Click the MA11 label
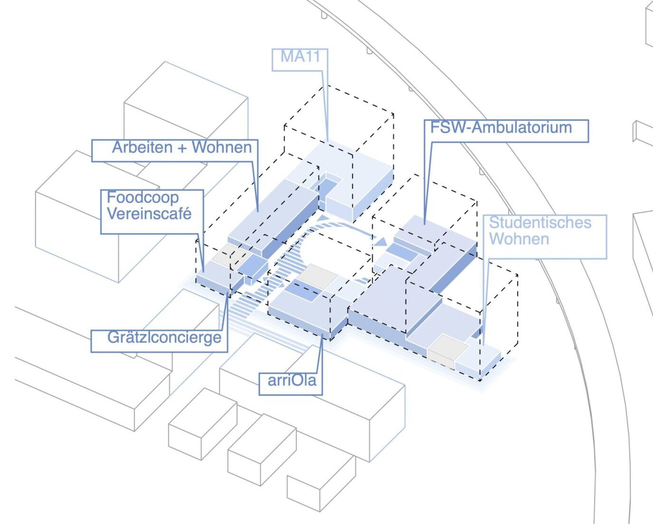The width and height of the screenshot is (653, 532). click(x=300, y=57)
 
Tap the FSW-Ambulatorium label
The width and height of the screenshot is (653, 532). click(x=501, y=127)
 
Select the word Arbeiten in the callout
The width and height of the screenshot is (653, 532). click(x=143, y=147)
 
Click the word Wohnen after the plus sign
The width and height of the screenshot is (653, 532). click(x=221, y=147)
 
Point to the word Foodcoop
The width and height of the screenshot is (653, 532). click(x=143, y=198)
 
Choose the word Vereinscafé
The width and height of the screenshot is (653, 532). click(x=149, y=213)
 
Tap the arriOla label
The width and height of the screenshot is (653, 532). click(x=292, y=380)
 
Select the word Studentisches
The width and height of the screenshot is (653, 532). click(x=540, y=223)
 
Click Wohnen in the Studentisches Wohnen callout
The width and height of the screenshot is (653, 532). click(x=519, y=239)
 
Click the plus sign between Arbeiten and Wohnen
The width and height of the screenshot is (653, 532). click(x=182, y=148)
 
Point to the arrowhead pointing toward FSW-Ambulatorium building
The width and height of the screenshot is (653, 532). click(x=381, y=242)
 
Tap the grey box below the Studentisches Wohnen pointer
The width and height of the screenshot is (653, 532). click(x=448, y=351)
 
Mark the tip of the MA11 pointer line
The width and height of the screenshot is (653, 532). click(x=327, y=142)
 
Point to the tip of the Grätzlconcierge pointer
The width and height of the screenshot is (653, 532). click(x=227, y=293)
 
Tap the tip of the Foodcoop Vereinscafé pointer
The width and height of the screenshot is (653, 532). click(x=203, y=272)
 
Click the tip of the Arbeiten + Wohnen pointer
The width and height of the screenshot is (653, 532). click(x=258, y=212)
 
